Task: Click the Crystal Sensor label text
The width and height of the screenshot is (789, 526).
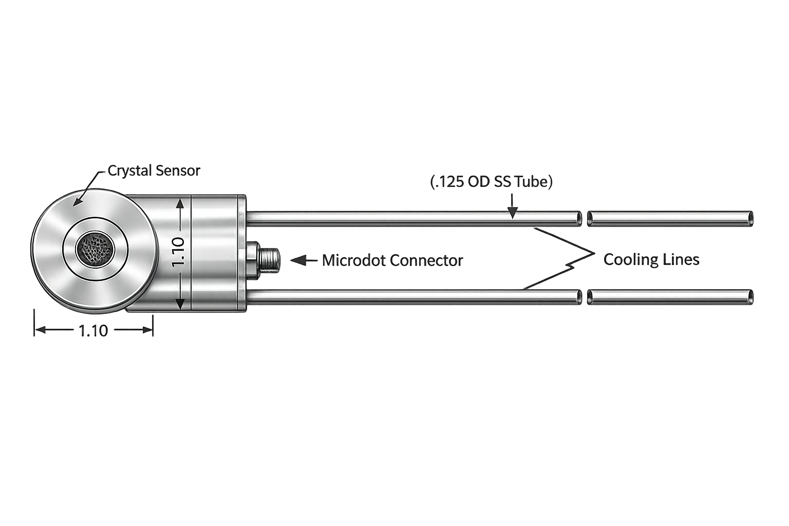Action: [154, 171]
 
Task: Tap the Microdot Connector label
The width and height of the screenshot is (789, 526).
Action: [392, 261]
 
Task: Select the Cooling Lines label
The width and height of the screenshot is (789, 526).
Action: [651, 259]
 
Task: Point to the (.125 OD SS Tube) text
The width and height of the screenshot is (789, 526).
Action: [492, 182]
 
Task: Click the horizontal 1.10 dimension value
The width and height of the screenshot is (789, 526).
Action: [93, 331]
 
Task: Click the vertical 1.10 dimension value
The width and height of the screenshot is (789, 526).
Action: [178, 252]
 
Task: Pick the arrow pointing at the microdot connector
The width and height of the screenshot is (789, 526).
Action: [304, 260]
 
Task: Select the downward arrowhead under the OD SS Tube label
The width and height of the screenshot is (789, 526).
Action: [513, 213]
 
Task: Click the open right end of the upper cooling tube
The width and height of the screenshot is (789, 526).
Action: [750, 219]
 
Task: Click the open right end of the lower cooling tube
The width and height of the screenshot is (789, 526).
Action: [750, 297]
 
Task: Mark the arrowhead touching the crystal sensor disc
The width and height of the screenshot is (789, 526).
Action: [77, 201]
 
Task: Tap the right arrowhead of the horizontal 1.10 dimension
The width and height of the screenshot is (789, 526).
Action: [147, 330]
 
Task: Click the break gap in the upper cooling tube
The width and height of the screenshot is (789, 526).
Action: [585, 219]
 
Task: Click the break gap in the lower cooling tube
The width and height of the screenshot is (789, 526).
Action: [585, 297]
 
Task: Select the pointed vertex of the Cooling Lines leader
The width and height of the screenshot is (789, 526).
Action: [594, 253]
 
